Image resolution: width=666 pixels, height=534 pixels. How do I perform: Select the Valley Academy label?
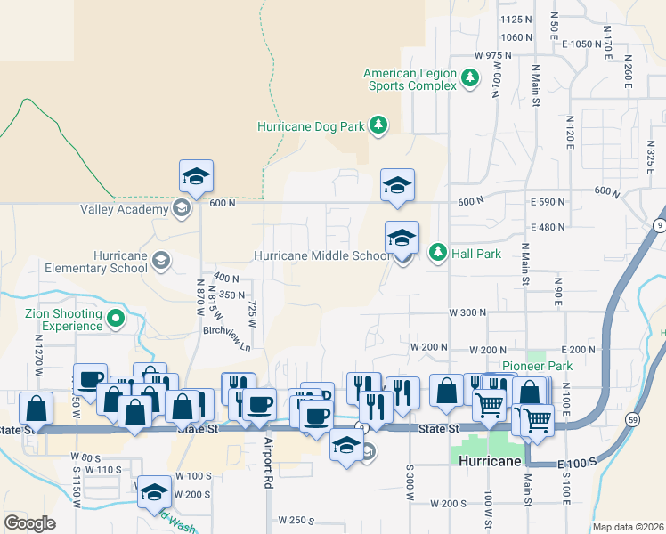(x=125, y=210)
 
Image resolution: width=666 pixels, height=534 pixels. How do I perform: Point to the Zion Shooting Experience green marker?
(x=115, y=318)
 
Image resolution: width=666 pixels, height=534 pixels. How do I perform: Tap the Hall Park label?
(x=476, y=254)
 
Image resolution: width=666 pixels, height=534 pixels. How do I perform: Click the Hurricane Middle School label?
(x=321, y=255)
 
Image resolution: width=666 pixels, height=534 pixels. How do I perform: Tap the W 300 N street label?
(x=467, y=313)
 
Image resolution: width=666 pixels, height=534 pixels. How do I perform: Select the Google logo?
(x=29, y=523)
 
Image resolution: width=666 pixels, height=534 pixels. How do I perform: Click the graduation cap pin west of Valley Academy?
(x=196, y=177)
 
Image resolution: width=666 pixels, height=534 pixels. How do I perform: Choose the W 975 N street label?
(x=493, y=55)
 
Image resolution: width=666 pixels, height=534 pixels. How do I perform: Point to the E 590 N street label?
(x=548, y=203)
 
